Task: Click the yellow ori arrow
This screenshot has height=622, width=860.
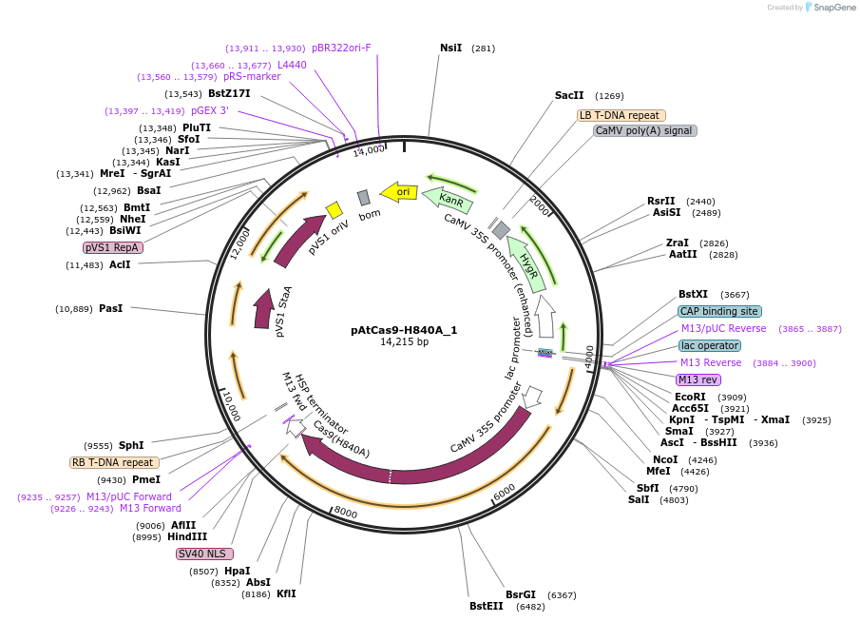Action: [399, 191]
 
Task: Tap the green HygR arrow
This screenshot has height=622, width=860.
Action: [527, 262]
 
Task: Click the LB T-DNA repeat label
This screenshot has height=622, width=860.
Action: [619, 115]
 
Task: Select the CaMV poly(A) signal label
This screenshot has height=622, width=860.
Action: [644, 130]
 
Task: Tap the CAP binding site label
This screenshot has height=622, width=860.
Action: [719, 311]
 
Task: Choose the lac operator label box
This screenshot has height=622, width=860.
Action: [709, 345]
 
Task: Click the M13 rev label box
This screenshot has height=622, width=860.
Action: [698, 379]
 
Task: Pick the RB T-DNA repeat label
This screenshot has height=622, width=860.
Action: [114, 462]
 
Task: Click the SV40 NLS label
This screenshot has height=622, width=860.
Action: [204, 554]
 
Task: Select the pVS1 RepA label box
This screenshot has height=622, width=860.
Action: [113, 247]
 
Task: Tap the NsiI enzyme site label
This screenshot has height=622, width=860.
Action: [450, 48]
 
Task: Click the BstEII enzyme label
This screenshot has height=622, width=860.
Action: [487, 606]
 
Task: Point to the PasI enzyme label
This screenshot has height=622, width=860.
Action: [110, 308]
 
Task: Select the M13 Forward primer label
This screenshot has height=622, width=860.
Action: [150, 508]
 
